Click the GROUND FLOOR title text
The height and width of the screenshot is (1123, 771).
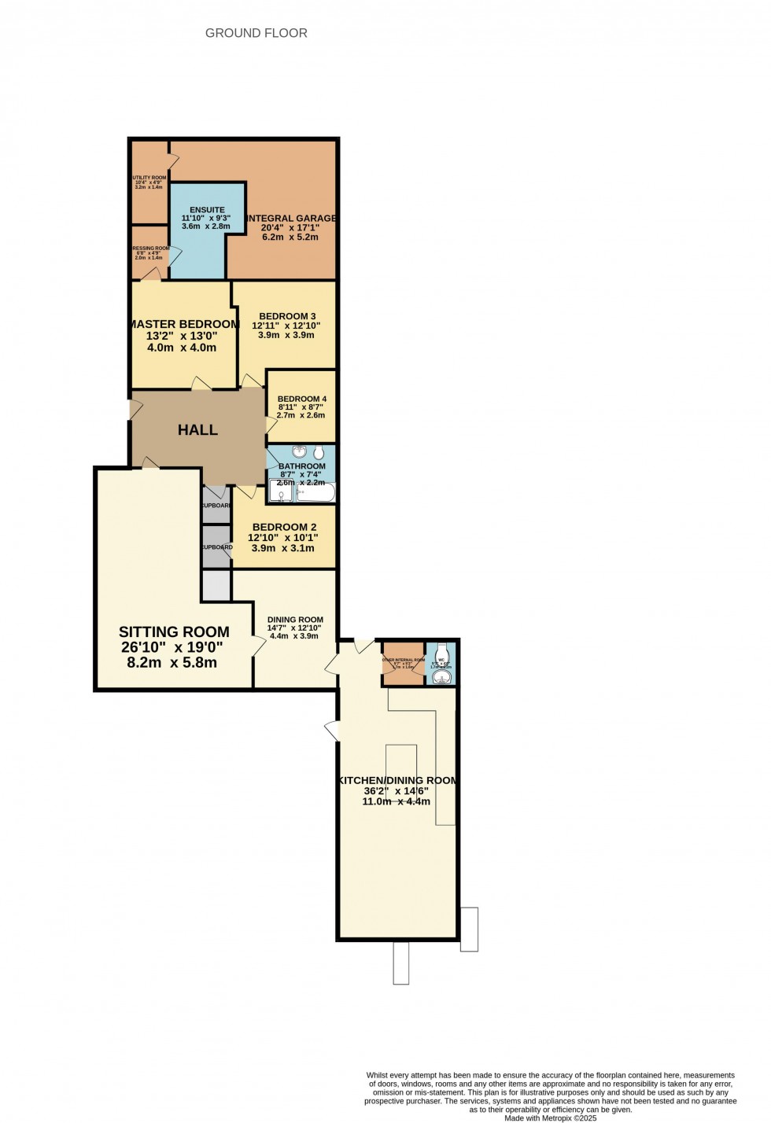[256, 33]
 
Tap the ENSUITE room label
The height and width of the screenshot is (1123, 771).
[207, 210]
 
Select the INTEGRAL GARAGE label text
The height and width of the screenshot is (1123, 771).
[291, 218]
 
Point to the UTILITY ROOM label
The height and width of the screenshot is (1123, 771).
[149, 178]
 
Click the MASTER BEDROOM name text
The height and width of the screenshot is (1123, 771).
[183, 324]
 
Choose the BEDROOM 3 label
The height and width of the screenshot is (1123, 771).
[287, 316]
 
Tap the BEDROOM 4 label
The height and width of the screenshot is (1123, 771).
[301, 399]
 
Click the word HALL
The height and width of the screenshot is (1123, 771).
[197, 430]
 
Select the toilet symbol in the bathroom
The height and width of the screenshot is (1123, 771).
[319, 453]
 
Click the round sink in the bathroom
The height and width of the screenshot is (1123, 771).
[300, 452]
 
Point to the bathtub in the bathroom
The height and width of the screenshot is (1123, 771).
[316, 493]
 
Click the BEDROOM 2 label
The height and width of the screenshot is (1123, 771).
[284, 527]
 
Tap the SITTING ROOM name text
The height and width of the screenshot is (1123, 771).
[174, 631]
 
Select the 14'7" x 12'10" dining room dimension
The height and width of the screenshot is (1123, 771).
[295, 628]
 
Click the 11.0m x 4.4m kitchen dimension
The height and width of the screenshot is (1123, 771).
[396, 801]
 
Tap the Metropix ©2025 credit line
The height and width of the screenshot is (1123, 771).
[550, 1117]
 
